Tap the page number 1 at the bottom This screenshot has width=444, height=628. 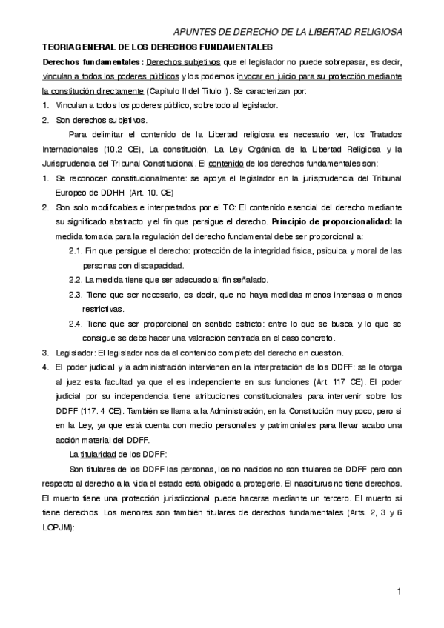point(398,590)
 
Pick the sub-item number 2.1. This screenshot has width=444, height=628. point(76,251)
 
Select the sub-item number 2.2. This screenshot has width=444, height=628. point(76,280)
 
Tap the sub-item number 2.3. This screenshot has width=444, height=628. point(76,295)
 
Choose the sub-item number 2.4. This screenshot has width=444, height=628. point(76,324)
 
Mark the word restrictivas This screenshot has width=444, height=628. point(105,309)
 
